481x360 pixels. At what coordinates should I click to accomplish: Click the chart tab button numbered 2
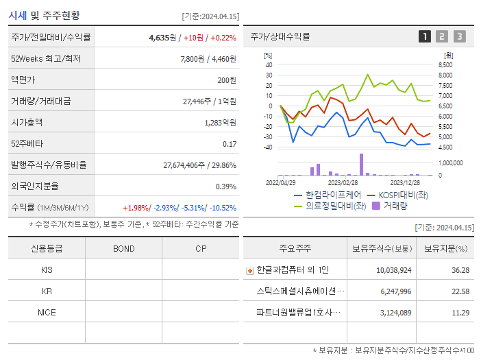click(442, 36)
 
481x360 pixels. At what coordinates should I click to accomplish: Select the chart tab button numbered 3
click(459, 36)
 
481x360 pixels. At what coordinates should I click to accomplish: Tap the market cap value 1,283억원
click(220, 123)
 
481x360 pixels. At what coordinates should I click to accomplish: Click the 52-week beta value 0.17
click(230, 144)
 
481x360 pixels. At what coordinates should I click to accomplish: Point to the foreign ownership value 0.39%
click(225, 186)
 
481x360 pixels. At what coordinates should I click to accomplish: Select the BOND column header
click(123, 248)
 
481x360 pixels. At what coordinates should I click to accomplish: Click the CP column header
click(201, 248)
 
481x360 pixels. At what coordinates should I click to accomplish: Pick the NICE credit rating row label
click(47, 312)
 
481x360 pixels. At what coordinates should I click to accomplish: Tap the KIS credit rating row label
click(47, 269)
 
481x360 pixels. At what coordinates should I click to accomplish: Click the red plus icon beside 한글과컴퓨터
click(249, 270)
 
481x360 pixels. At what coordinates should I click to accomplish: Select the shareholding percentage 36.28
click(460, 270)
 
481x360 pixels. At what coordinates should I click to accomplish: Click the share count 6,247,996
click(394, 291)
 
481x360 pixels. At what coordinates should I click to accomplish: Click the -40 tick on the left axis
click(268, 147)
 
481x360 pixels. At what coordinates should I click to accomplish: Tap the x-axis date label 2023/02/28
click(343, 182)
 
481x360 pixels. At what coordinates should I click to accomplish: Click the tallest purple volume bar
click(361, 165)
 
